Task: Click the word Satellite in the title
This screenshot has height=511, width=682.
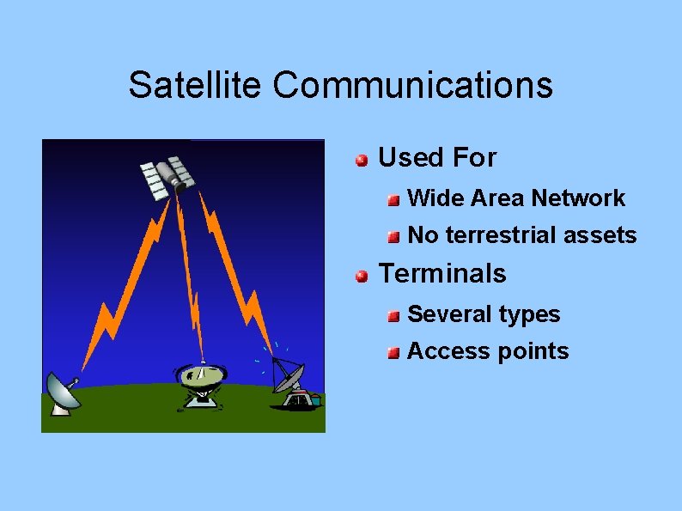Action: pos(196,85)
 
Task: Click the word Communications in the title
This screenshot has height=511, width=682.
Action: pos(413,85)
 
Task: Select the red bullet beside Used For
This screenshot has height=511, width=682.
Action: pos(362,160)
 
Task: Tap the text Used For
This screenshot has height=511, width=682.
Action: pos(437,158)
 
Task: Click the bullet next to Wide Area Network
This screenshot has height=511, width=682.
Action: pos(393,200)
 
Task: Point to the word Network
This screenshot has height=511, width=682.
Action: pos(578,198)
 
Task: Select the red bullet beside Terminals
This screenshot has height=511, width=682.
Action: pos(362,276)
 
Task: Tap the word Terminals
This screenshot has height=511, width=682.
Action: pos(442,274)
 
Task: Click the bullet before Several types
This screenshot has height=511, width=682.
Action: pos(393,316)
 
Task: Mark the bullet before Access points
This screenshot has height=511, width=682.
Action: pos(393,353)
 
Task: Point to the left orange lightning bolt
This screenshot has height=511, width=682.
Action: pos(120,283)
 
